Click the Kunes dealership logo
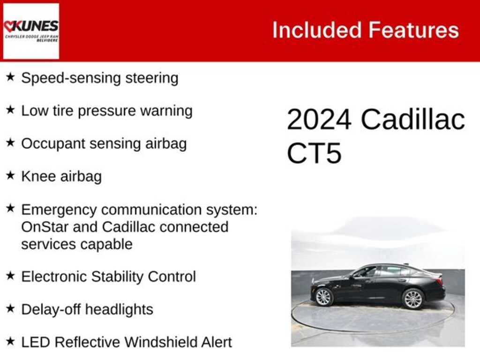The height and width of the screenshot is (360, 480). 31,31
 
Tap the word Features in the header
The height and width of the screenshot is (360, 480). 413,30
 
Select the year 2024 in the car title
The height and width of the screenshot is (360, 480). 319,120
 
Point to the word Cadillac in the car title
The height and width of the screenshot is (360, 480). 412,120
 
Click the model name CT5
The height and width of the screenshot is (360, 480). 314,153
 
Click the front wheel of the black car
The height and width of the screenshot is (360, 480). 323,297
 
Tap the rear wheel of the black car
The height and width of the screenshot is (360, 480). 413,299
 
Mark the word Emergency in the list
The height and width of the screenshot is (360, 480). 59,210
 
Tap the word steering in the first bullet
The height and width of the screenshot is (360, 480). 152,78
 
